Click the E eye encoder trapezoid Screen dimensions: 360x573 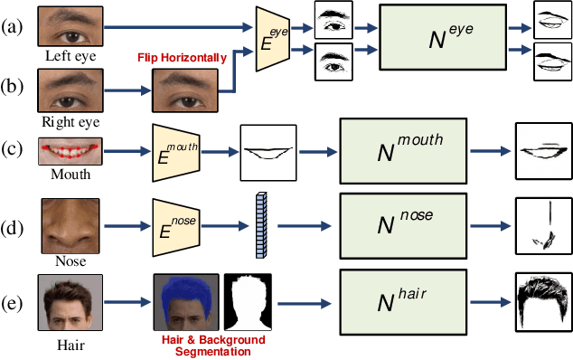tap(276, 39)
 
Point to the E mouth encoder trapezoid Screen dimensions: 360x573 tap(174, 145)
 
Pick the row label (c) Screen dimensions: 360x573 tap(13, 147)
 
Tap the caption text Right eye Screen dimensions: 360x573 tap(70, 119)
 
